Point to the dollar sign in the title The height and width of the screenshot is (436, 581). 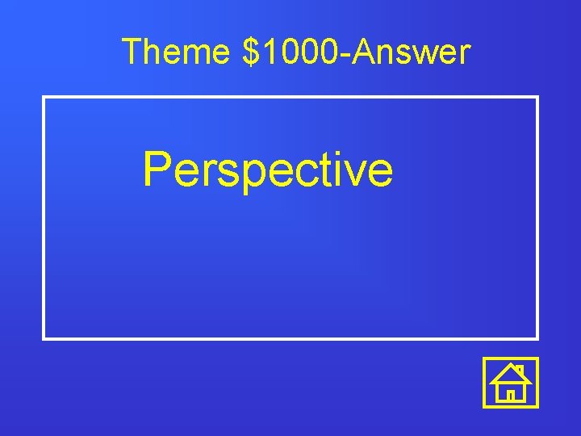(x=249, y=52)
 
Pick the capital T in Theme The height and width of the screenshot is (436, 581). (x=132, y=52)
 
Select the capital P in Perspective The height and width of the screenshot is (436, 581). (x=157, y=169)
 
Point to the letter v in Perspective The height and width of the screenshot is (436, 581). (x=355, y=174)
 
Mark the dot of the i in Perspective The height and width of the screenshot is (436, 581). (x=336, y=153)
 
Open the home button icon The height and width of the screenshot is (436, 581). (x=511, y=382)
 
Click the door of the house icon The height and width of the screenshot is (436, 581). (x=511, y=395)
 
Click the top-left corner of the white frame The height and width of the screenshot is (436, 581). (x=44, y=98)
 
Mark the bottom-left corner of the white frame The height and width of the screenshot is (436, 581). (x=44, y=338)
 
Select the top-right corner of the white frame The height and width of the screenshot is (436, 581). (x=537, y=98)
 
